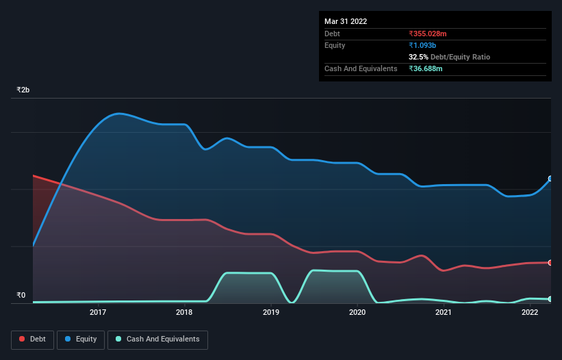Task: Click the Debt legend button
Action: pos(34,339)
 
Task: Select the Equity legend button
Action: pos(81,339)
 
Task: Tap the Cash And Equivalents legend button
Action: pos(157,339)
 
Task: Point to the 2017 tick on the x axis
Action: pos(98,313)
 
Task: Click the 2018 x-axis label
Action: pos(184,313)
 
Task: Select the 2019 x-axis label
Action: pos(271,313)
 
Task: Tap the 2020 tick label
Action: pos(357,313)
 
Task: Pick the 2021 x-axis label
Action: pos(444,313)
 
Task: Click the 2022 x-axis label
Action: pos(530,313)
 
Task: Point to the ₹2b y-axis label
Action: pos(23,90)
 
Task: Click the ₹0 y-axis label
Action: pos(21,296)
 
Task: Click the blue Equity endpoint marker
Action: pos(550,179)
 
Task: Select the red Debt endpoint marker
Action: pos(550,263)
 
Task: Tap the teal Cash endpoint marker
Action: pos(550,299)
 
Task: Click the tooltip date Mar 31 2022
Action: pos(346,21)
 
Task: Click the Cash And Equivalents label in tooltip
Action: pos(361,68)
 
